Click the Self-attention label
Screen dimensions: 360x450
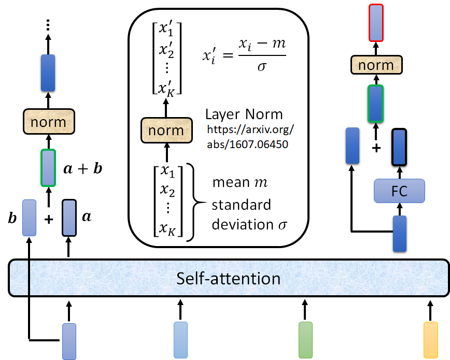pos(229,279)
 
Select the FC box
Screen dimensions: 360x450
pos(399,191)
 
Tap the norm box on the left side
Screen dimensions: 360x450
pos(48,122)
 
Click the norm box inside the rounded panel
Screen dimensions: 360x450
pos(166,130)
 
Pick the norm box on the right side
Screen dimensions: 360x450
pos(376,66)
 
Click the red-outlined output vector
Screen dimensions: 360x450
pos(376,22)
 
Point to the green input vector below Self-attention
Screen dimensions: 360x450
pos(306,339)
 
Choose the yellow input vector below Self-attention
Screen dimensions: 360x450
pos(431,339)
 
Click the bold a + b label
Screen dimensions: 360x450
pos(83,168)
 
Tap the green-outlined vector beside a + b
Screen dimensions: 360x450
pos(48,167)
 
